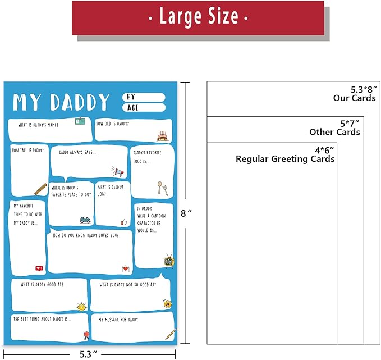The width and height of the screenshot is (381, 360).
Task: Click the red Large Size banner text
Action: [x=198, y=16]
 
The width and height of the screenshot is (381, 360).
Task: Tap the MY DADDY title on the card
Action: [x=61, y=102]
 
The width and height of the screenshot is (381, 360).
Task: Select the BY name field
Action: [x=144, y=97]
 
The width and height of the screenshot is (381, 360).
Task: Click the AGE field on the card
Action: [x=144, y=107]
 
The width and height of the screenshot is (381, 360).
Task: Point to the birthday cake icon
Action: [x=163, y=136]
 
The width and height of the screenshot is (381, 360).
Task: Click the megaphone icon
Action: [x=118, y=171]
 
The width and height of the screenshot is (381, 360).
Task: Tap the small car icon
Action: [x=85, y=220]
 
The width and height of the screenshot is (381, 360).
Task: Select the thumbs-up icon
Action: [x=124, y=222]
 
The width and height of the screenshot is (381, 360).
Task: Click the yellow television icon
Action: [x=169, y=261]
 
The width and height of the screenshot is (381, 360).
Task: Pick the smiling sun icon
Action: [x=81, y=307]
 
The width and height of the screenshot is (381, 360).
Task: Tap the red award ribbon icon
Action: [x=86, y=335]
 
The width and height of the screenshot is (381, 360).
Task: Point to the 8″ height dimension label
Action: [x=186, y=213]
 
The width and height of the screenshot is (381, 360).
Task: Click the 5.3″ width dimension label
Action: [x=89, y=354]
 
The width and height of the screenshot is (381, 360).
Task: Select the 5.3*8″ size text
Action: [x=364, y=89]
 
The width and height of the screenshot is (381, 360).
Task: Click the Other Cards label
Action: [x=334, y=132]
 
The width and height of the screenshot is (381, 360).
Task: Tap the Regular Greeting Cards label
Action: [x=285, y=159]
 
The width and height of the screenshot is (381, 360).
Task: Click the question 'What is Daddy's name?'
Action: [x=38, y=125]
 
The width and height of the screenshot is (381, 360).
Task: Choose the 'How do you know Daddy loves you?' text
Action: [x=86, y=235]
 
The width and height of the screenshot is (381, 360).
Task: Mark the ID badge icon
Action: [x=80, y=121]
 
